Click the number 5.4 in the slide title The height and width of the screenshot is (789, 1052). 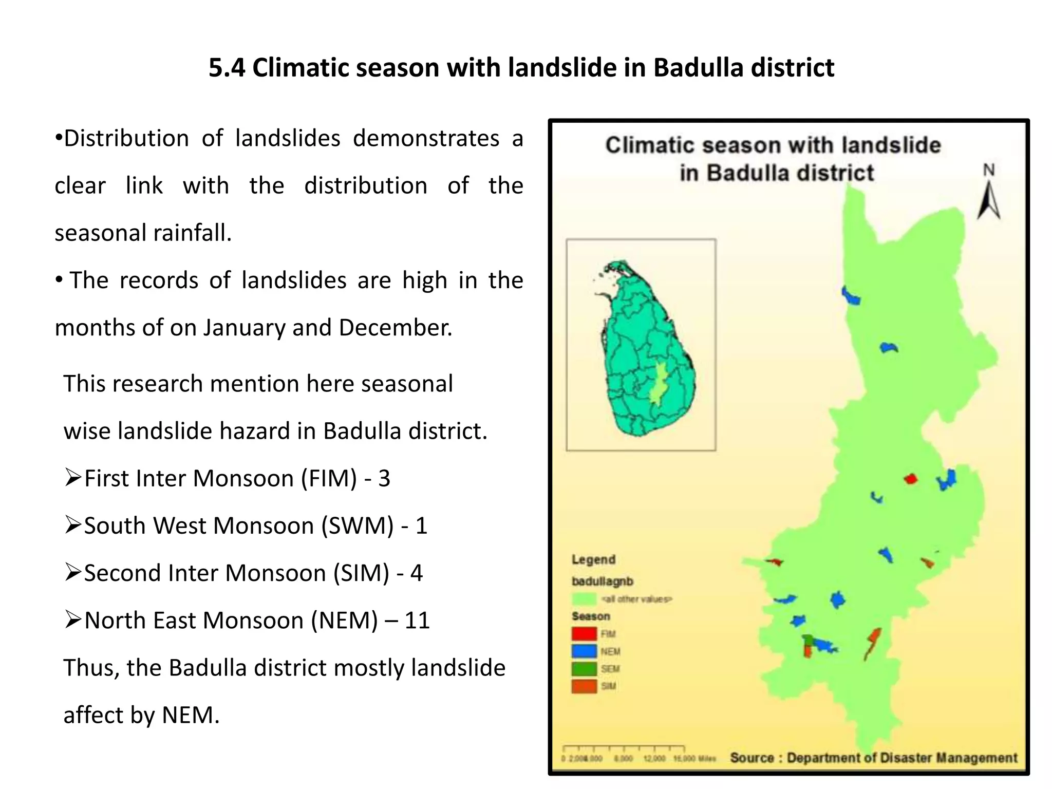(227, 68)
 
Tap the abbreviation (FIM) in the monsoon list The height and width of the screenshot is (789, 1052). (329, 478)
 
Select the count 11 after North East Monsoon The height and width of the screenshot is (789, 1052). (417, 621)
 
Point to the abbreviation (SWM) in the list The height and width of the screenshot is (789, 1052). (357, 526)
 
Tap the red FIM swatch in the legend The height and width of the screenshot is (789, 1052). (584, 634)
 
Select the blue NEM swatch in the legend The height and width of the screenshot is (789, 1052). (584, 651)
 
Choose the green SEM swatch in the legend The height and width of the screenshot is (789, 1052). (584, 669)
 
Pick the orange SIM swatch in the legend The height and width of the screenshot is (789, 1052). (584, 686)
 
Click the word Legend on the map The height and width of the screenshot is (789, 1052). (593, 559)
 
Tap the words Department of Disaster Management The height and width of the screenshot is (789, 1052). (902, 758)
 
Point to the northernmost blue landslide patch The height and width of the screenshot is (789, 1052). (851, 296)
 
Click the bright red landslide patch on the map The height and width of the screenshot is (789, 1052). (910, 479)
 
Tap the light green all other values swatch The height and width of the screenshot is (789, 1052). (584, 599)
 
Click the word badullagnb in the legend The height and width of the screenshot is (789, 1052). (603, 581)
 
